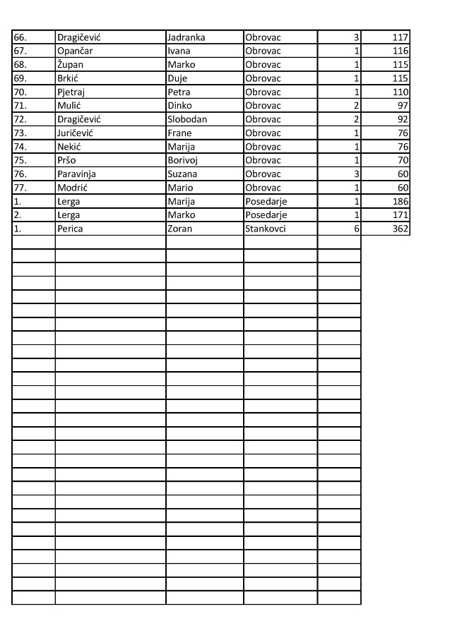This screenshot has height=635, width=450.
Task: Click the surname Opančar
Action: pos(76,51)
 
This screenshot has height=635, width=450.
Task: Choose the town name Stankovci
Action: pos(265,229)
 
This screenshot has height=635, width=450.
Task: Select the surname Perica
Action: pos(70,229)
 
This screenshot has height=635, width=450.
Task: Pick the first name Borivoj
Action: pos(182,160)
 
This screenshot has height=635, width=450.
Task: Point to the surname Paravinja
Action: pos(76,174)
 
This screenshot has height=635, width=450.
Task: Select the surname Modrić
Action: pos(73,188)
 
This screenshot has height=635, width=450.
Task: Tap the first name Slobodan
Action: pos(187,119)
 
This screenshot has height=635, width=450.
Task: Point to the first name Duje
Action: pos(177,78)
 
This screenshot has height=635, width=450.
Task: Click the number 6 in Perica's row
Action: pos(357,229)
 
